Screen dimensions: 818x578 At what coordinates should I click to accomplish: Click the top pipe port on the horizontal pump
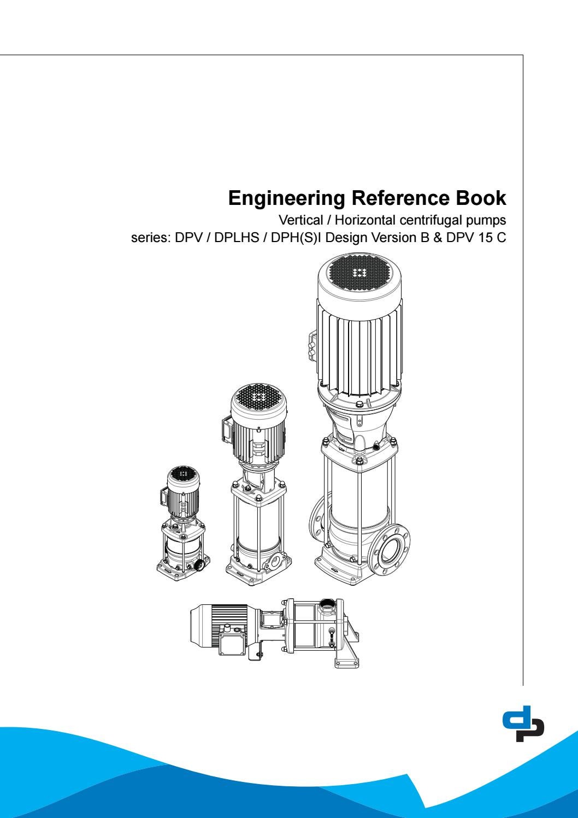327,604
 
